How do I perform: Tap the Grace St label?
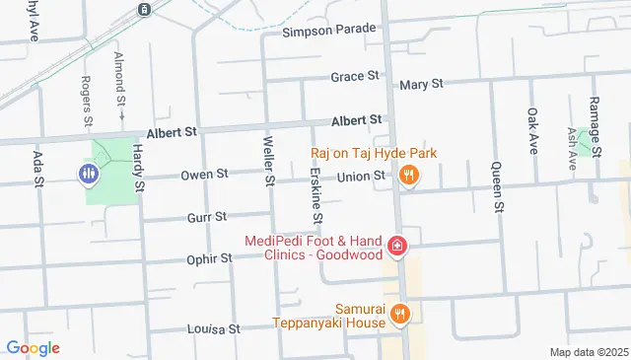tap(355, 76)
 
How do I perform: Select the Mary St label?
tap(418, 85)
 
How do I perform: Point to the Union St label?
tap(360, 177)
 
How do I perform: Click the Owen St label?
tap(204, 175)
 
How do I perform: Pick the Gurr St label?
tap(206, 216)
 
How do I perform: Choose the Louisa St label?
tap(216, 328)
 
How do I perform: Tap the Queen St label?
tap(497, 186)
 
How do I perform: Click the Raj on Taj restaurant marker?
tap(408, 176)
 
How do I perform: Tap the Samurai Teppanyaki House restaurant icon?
tap(399, 315)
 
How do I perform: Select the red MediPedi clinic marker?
tap(396, 246)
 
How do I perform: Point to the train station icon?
tap(144, 9)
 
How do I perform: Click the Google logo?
tap(33, 347)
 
